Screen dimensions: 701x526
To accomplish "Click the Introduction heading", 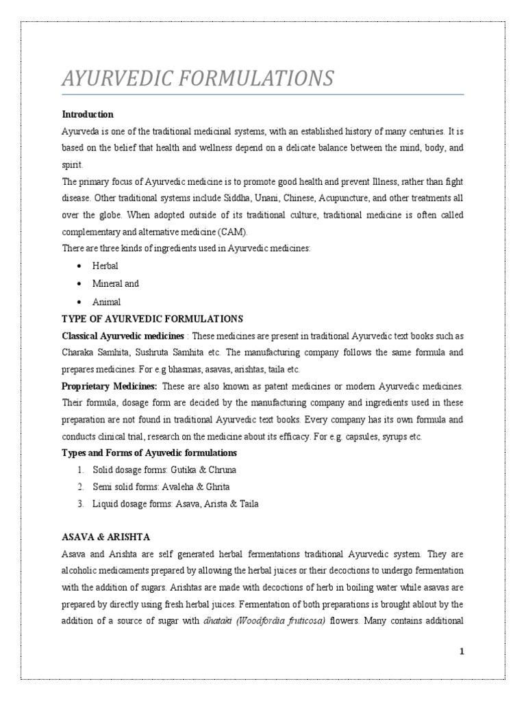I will pos(88,114).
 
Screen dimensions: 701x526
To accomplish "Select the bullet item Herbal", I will pos(105,266).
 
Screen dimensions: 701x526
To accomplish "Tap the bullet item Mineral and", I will pos(116,283).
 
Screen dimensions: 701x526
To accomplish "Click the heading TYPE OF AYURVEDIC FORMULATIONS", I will pos(152,319).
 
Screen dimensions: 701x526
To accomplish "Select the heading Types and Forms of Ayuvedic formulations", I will pos(149,453).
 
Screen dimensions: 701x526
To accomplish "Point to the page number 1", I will pos(462,652).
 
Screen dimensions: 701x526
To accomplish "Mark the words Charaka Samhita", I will pos(90,353).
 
